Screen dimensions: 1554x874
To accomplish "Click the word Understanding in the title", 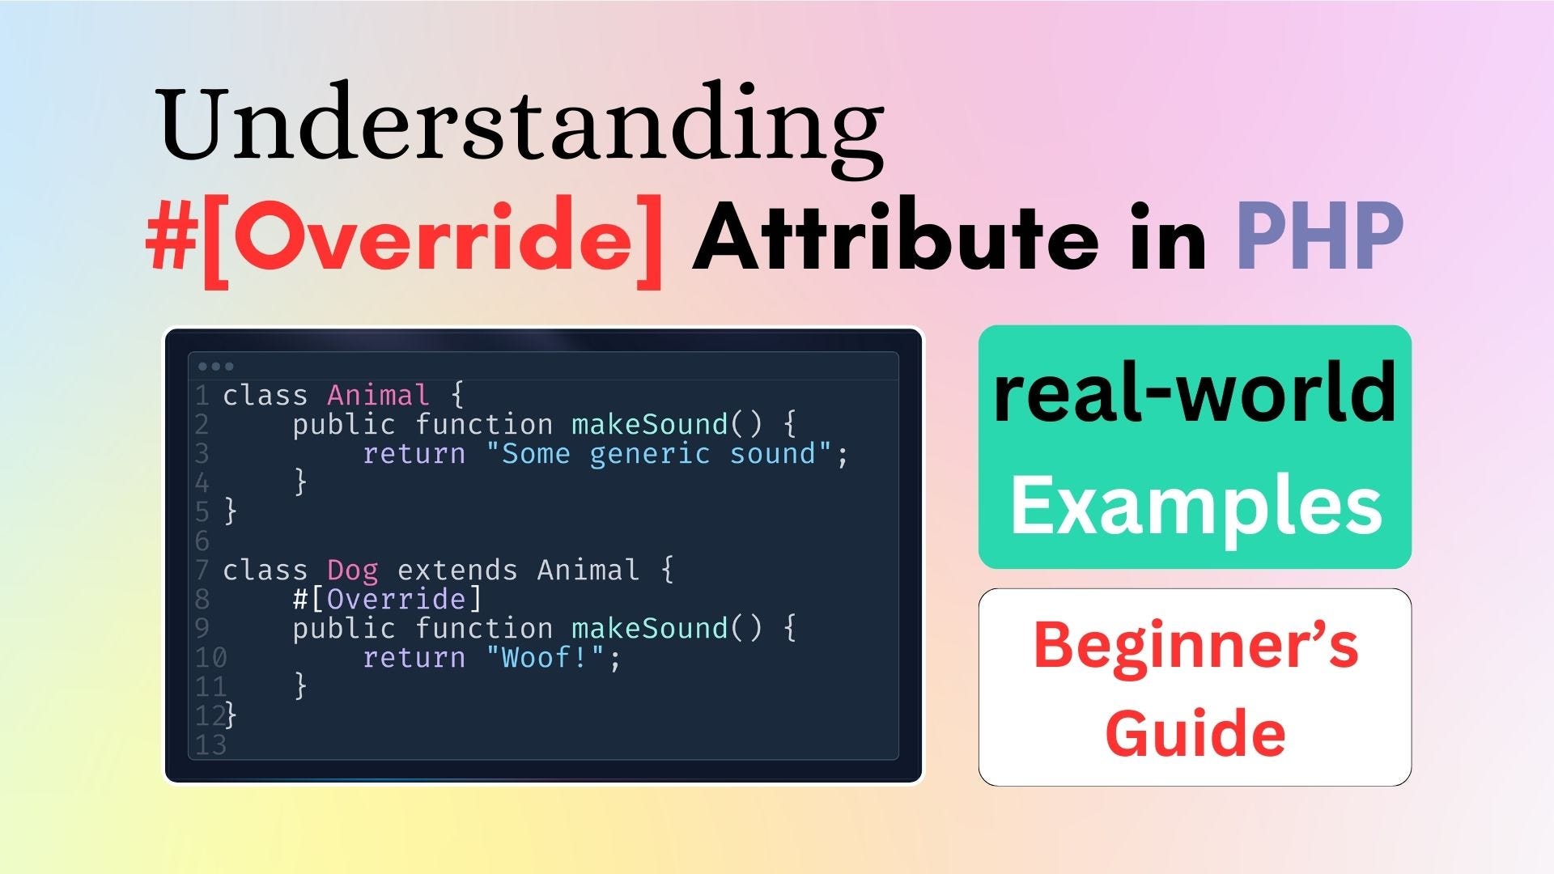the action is tap(522, 128).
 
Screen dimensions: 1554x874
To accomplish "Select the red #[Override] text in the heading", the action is tap(405, 240).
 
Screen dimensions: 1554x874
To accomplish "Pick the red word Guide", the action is tap(1195, 733).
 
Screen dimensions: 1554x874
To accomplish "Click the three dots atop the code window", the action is tap(215, 367).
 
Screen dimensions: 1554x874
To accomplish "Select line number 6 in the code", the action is tap(202, 541).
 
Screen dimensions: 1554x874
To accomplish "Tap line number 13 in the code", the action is tap(211, 745).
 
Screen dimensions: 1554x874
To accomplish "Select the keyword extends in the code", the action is tap(457, 571).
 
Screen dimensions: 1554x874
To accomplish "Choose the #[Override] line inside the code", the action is tap(388, 600).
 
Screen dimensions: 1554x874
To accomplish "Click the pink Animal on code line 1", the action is tap(378, 395).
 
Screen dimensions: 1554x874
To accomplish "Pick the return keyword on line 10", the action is tap(414, 658).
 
